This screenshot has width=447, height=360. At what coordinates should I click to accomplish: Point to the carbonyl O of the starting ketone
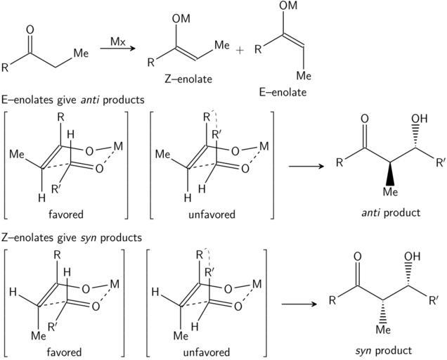(x=29, y=30)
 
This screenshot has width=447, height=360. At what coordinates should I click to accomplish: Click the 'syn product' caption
(x=383, y=349)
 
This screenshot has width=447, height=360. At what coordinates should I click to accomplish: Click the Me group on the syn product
(x=382, y=328)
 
